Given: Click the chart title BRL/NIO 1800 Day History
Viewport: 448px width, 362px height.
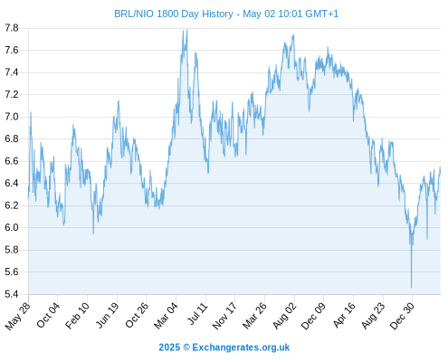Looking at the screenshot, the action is click(174, 14).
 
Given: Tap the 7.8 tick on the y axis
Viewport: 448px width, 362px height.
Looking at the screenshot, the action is click(12, 28).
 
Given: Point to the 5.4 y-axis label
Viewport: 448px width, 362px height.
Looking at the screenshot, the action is click(12, 294).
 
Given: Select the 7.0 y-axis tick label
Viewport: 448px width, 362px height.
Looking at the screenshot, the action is click(12, 117).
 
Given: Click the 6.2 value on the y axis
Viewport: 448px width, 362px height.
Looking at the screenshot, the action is click(12, 205).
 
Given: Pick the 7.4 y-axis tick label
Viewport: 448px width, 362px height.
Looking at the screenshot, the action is click(12, 72).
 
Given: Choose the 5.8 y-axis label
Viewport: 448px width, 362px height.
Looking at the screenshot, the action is click(12, 250).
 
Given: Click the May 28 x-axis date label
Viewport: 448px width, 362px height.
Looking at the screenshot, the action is click(18, 316).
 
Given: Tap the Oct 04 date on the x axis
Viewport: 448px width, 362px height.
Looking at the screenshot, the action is click(48, 315).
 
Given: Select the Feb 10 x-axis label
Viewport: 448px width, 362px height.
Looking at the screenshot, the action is click(78, 315).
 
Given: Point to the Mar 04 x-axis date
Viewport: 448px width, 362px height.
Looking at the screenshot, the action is click(167, 315).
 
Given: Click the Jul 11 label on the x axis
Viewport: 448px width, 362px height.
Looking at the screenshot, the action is click(198, 313).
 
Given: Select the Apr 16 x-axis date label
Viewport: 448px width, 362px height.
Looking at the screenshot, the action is click(344, 315).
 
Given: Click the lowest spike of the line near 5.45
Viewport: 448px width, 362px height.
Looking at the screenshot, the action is click(411, 288).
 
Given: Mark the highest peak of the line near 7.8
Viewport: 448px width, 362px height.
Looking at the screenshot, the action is click(187, 30).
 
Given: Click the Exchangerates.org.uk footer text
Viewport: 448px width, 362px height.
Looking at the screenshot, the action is click(241, 348).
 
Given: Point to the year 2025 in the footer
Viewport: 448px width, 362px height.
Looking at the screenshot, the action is click(169, 348).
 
